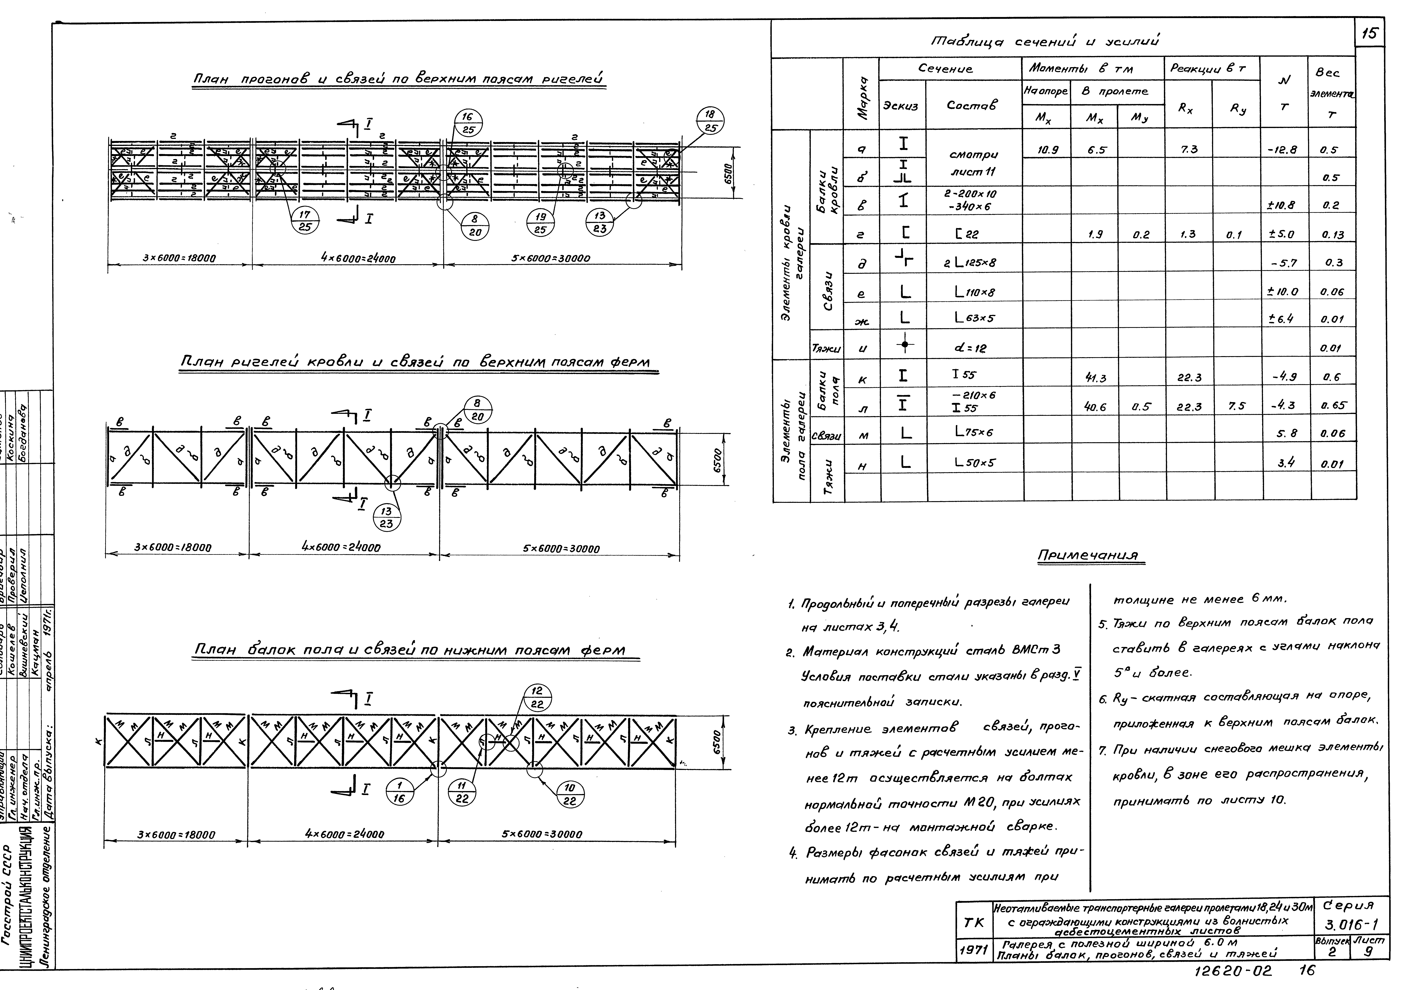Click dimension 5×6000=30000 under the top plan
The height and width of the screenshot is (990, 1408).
[x=551, y=258]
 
